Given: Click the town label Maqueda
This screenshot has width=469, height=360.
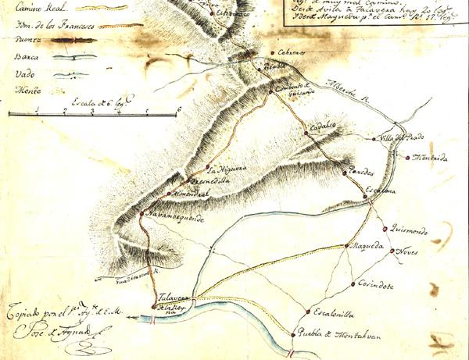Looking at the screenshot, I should pos(368,248).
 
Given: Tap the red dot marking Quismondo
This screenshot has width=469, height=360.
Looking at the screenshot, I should pos(385,228).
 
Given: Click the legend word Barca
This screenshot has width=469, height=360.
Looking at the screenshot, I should pos(27,57).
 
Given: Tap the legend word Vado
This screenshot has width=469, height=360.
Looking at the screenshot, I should pos(26,75).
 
